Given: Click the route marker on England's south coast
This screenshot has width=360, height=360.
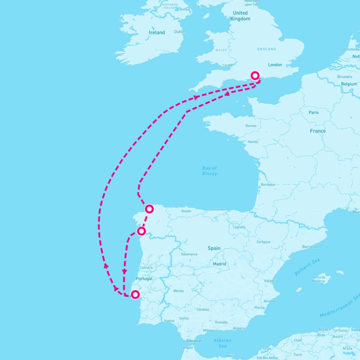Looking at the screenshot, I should tap(255, 75).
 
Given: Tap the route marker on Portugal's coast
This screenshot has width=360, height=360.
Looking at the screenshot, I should tap(135, 294).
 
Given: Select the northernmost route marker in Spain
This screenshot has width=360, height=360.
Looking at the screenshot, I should tap(149, 209).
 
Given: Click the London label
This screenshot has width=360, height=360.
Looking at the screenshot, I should tap(275, 65).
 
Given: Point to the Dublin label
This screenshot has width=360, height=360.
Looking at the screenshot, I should tap(180, 31).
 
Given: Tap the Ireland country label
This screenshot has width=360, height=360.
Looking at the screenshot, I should tap(157, 32).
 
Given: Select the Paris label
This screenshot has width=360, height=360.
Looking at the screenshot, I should tap(313, 112).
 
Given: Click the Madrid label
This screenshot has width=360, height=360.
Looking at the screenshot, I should tap(219, 264).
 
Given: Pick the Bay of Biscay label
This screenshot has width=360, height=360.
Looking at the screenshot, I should tap(209, 171).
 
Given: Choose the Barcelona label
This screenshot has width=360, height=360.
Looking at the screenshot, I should tap(311, 247).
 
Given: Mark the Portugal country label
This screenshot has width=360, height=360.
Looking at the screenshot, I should tap(144, 278).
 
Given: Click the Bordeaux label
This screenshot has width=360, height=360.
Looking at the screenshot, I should tap(268, 184).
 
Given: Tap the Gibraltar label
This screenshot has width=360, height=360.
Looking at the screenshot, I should tap(194, 341).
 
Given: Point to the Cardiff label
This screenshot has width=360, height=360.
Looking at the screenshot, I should tap(228, 65).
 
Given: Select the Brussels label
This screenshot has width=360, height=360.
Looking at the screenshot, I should tap(344, 76).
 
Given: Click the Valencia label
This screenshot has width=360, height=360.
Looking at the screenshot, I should tap(271, 281).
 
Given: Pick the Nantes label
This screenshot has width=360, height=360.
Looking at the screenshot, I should tap(253, 142).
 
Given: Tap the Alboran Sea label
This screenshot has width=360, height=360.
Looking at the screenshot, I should tap(223, 343).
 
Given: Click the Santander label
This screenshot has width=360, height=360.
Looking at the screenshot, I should tap(217, 209).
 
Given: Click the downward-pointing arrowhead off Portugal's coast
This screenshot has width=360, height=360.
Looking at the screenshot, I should tap(124, 272).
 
